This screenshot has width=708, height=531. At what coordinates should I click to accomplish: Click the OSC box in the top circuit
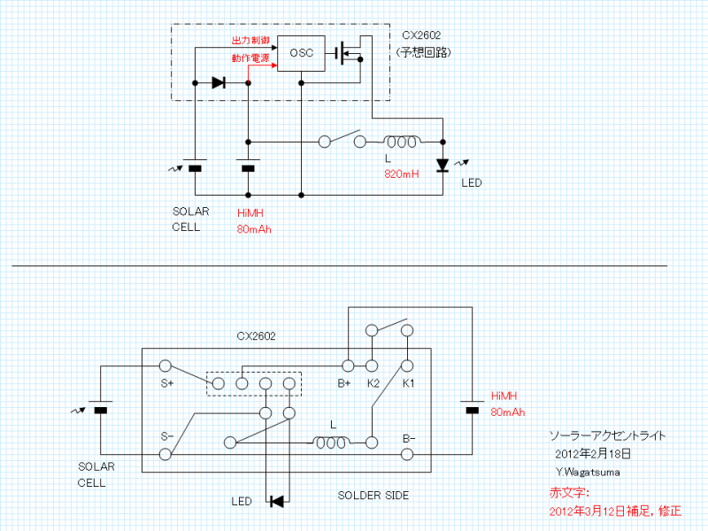(301, 52)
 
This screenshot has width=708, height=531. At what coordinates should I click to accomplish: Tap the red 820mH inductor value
(402, 174)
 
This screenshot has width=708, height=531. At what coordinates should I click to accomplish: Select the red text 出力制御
(250, 41)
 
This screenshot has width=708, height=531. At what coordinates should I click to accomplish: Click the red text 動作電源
(250, 58)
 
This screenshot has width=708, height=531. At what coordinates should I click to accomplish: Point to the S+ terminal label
(166, 384)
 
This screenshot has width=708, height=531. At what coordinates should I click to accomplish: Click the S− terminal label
(166, 436)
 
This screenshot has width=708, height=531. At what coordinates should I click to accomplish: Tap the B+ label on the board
(345, 384)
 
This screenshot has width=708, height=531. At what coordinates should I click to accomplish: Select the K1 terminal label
(408, 384)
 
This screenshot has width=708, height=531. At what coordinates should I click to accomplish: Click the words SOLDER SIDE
(373, 496)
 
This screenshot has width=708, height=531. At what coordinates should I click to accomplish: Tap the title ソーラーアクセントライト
(607, 436)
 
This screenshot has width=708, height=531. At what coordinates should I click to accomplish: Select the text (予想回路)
(424, 53)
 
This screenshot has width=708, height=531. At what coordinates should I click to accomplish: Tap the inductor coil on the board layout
(333, 441)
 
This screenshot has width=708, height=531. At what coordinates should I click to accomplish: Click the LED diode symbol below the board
(277, 502)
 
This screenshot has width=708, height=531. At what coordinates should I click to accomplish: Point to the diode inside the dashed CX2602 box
(219, 83)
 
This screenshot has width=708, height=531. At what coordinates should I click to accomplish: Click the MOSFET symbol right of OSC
(350, 52)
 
